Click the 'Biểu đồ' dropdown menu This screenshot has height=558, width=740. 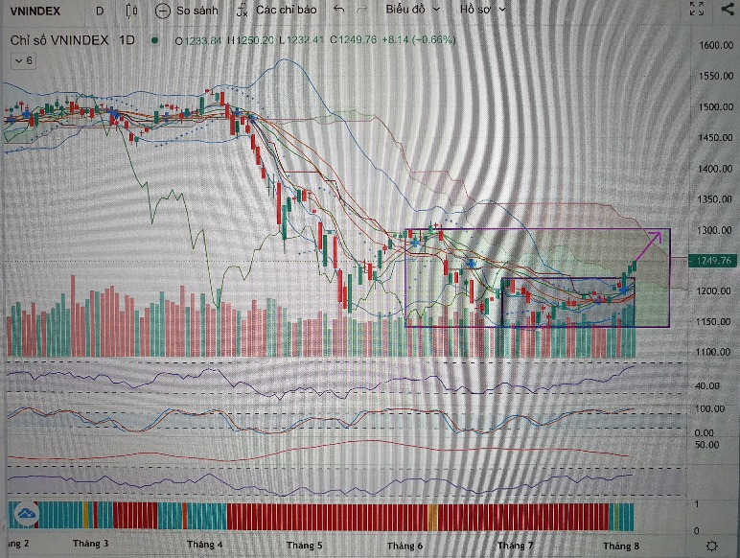[x=412, y=9]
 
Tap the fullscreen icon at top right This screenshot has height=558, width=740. [x=699, y=10]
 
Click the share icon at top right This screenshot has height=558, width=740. [x=726, y=10]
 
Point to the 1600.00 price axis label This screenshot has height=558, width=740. [x=715, y=46]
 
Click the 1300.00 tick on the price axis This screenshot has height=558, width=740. [x=715, y=230]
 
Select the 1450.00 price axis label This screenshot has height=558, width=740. [x=715, y=138]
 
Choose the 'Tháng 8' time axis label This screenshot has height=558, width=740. [x=620, y=545]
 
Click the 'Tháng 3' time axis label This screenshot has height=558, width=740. [x=90, y=544]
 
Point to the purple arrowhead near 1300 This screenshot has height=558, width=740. [x=659, y=233]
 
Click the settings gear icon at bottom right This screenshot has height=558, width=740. [x=711, y=545]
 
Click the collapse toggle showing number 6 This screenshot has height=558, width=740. [x=22, y=60]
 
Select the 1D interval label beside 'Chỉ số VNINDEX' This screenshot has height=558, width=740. [x=127, y=40]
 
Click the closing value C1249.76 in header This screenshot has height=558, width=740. [x=357, y=40]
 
